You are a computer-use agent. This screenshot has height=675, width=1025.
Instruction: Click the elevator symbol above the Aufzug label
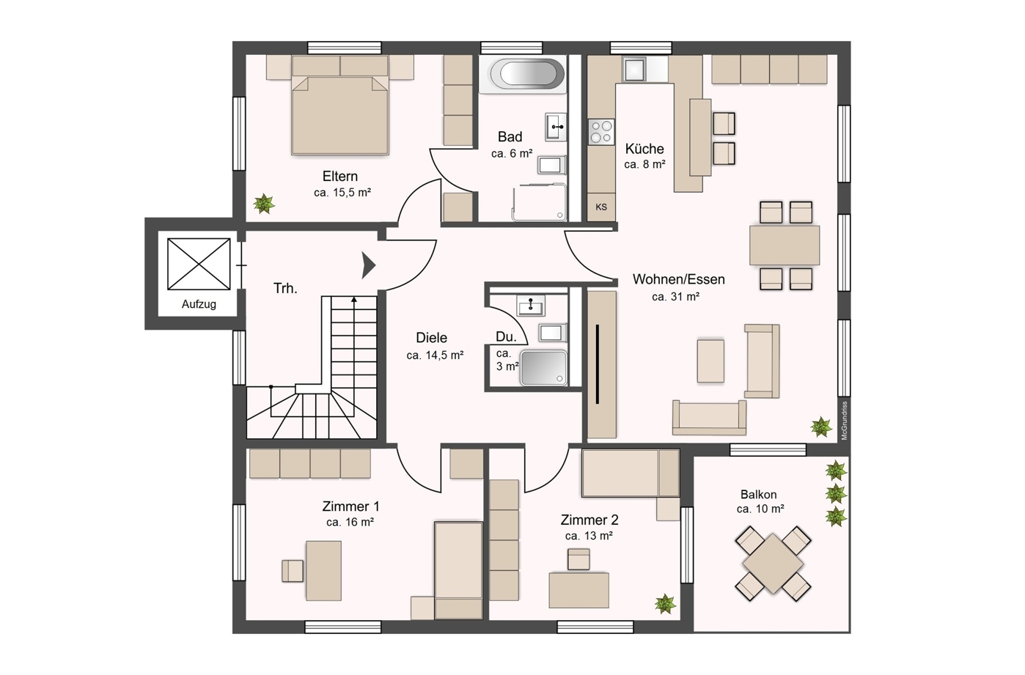click(x=199, y=264)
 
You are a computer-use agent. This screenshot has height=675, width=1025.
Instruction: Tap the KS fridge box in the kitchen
click(x=601, y=207)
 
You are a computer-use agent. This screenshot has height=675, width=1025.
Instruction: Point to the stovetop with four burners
click(x=601, y=133)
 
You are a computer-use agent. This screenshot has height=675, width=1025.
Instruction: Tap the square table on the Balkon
click(x=773, y=563)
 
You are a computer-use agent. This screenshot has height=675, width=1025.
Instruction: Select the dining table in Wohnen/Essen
click(x=785, y=246)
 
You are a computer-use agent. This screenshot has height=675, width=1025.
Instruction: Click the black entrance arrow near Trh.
click(x=369, y=265)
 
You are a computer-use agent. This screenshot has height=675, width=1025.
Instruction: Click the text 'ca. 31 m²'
click(x=675, y=297)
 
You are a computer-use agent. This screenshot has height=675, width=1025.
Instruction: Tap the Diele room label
click(x=431, y=338)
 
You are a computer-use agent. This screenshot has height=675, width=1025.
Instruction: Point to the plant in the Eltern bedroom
click(x=264, y=203)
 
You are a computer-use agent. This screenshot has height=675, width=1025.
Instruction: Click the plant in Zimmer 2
click(x=665, y=604)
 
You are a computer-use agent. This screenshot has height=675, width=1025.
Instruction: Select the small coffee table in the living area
click(x=710, y=360)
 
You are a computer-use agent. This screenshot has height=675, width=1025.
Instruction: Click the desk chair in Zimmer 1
click(x=293, y=571)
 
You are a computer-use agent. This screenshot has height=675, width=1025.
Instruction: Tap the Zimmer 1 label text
click(x=350, y=506)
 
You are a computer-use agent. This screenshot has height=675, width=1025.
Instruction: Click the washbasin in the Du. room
click(x=531, y=305)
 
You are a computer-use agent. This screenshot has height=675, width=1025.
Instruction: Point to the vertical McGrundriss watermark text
click(x=845, y=420)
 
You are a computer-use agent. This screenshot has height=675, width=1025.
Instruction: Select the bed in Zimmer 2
click(x=631, y=473)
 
